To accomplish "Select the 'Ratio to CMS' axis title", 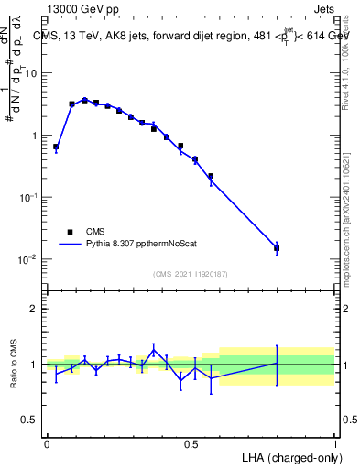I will point(15,364).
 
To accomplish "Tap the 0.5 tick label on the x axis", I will point(191,443).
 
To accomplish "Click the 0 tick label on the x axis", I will point(47,443).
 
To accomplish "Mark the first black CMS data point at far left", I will point(56,147).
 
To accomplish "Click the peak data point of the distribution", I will point(84,101).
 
